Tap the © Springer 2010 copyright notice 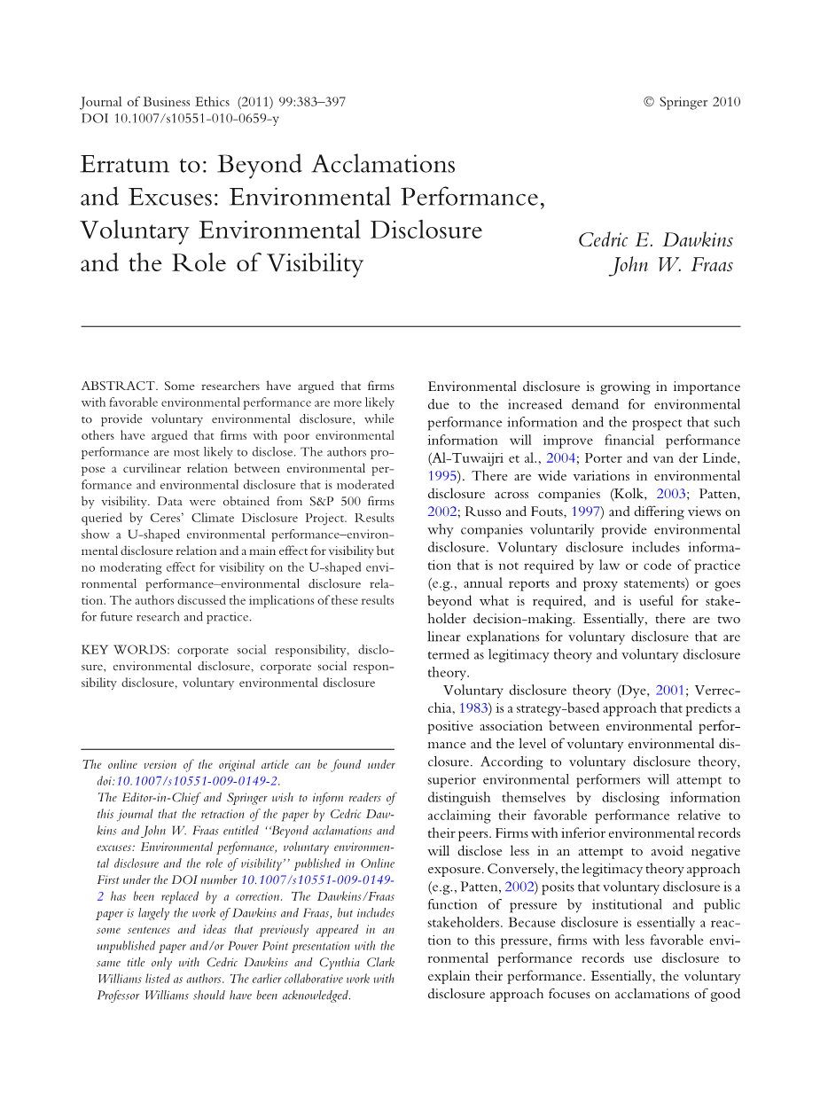click(x=691, y=102)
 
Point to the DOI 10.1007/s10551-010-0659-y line click(x=180, y=118)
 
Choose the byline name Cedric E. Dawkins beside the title click(x=655, y=240)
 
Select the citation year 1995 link click(x=441, y=475)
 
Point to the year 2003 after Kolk click(x=672, y=493)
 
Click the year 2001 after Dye click(x=670, y=690)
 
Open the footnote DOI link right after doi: click(x=198, y=781)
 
